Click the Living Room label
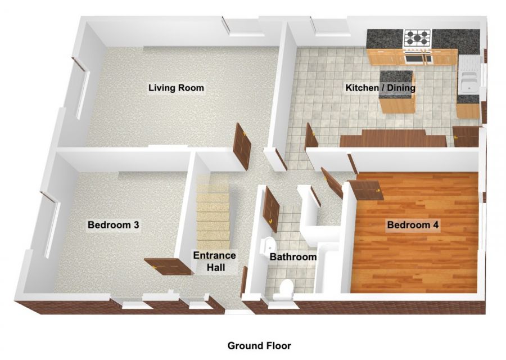pos(176,88)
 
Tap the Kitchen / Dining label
pos(380,88)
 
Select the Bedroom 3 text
pos(113,225)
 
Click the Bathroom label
pos(293,257)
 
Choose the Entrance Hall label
pos(214,262)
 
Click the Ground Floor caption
pos(259,345)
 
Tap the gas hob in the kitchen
pos(417,38)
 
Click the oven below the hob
pos(417,57)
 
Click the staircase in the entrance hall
pos(213,214)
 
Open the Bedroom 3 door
pos(167,265)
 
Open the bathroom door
pos(272,208)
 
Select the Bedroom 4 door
pos(365,190)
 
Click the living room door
pos(242,146)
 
